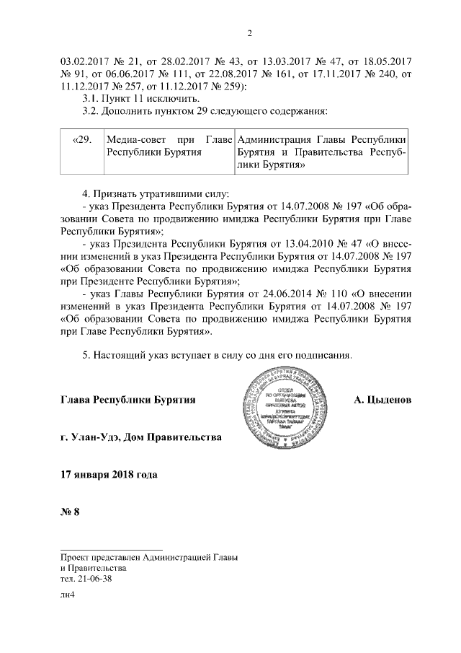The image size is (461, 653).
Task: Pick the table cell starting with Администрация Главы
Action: tap(321, 152)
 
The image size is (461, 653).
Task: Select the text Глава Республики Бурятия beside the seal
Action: tap(128, 400)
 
